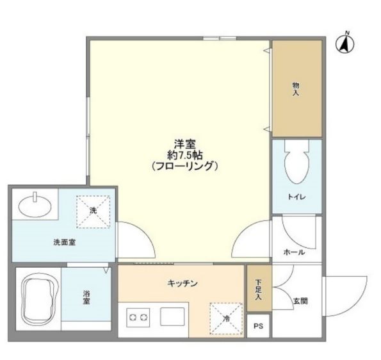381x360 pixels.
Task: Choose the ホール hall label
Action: click(x=293, y=252)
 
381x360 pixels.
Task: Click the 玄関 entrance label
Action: click(x=300, y=300)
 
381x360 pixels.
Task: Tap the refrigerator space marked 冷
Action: click(x=226, y=318)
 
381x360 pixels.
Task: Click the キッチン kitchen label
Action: click(x=182, y=283)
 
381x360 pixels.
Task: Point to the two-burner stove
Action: click(x=138, y=317)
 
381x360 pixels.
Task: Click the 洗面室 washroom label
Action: click(x=65, y=242)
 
